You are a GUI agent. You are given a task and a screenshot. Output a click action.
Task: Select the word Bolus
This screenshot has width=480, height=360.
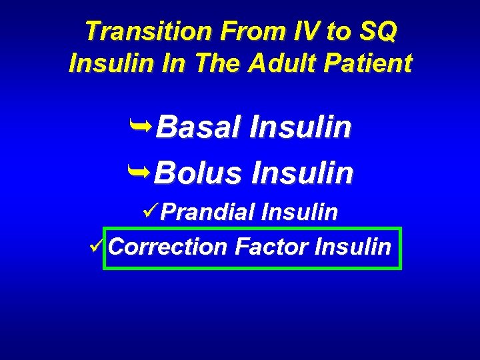197,173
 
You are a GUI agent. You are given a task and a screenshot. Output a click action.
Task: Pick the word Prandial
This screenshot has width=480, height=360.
208,213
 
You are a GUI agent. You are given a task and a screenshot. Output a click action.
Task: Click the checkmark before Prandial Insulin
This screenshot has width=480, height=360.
151,211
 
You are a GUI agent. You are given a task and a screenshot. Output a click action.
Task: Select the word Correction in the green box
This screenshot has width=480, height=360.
167,247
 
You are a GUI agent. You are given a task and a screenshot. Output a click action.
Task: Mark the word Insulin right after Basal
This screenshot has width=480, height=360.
299,127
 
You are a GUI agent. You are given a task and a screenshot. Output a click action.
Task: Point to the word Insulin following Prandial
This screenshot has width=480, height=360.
299,213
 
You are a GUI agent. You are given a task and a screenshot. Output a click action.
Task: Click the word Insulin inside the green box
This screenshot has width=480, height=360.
353,247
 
